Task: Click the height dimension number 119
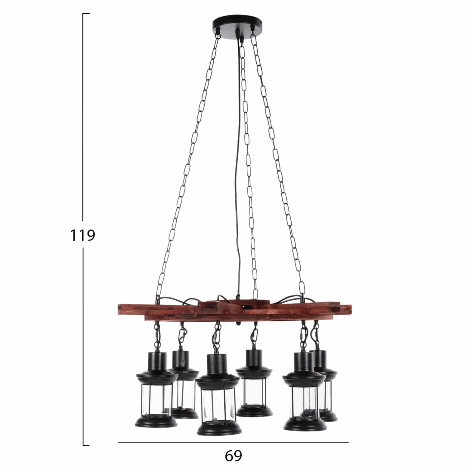click(x=82, y=235)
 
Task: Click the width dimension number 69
click(x=233, y=456)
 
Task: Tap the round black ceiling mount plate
click(x=237, y=25)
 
